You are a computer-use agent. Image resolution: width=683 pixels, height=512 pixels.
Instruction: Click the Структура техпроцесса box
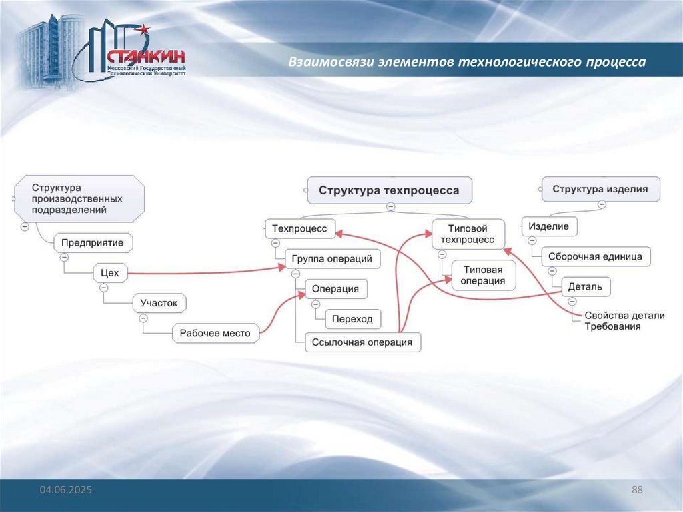click(389, 190)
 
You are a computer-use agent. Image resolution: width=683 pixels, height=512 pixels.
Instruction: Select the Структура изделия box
click(600, 189)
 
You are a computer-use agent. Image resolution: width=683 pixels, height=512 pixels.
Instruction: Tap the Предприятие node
click(93, 243)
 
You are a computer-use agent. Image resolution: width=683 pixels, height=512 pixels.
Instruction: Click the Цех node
click(109, 272)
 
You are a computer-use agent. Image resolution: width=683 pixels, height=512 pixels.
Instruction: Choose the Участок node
click(159, 303)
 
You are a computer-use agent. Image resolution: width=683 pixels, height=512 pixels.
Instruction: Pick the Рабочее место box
click(215, 333)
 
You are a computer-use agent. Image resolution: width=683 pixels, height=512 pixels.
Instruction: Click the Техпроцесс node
click(299, 228)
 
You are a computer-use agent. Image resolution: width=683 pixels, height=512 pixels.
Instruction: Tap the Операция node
click(336, 289)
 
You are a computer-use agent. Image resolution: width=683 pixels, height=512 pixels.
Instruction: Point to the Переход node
click(352, 319)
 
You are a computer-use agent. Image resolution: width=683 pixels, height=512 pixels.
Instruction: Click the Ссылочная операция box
click(362, 342)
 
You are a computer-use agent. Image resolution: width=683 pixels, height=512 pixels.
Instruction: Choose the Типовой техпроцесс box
click(468, 234)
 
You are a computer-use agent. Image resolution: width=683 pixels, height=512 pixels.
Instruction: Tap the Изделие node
click(548, 226)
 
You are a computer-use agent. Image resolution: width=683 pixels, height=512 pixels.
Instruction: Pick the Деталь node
click(585, 287)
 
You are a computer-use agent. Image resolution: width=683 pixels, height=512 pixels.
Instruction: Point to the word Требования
click(612, 327)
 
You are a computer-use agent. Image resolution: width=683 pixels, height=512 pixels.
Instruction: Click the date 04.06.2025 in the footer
click(65, 491)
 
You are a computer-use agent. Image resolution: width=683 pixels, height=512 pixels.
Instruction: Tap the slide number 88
click(637, 491)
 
